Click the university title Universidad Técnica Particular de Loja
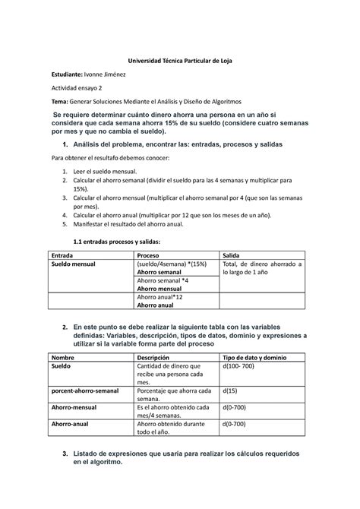click(180, 60)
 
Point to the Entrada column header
click(63, 255)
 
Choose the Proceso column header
click(149, 255)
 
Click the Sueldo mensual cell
click(74, 264)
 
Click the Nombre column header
click(64, 357)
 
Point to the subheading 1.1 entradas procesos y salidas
click(116, 242)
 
